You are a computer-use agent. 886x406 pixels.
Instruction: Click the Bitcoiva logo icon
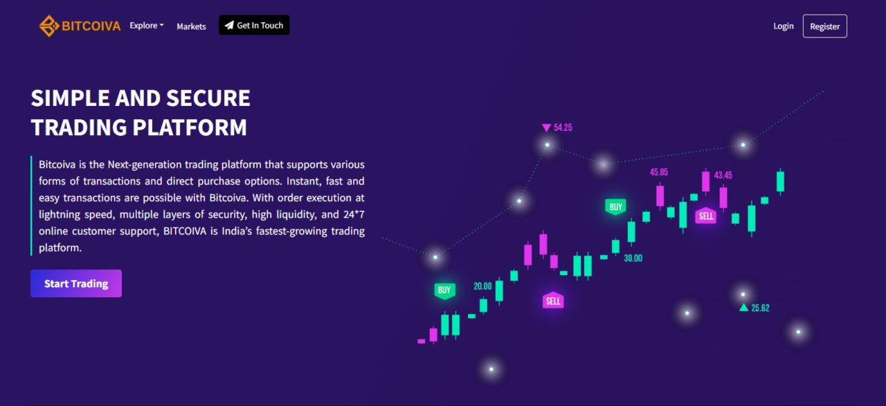click(x=49, y=26)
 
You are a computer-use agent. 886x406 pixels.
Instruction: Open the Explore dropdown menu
click(x=146, y=26)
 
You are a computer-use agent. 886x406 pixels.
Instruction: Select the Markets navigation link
click(x=192, y=26)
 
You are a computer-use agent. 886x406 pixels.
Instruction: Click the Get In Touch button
click(x=254, y=25)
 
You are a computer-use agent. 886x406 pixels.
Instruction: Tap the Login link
click(x=784, y=26)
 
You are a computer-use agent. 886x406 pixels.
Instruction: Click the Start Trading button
click(x=76, y=283)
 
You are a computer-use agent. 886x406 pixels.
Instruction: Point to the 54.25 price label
click(x=563, y=127)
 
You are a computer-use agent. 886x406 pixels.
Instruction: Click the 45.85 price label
click(x=659, y=172)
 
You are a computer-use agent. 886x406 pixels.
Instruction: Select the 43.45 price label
click(x=723, y=175)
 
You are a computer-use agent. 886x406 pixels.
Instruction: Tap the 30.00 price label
click(x=633, y=258)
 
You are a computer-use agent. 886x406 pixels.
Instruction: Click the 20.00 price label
click(x=482, y=286)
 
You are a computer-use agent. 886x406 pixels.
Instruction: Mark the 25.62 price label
click(x=760, y=308)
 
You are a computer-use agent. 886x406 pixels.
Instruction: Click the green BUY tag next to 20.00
click(x=444, y=290)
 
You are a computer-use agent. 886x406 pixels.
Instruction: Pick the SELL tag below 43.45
click(x=706, y=215)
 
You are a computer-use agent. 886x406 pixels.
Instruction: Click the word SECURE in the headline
click(x=208, y=98)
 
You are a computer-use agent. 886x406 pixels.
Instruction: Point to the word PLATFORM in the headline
click(x=190, y=127)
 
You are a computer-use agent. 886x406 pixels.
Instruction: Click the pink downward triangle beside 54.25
click(x=546, y=127)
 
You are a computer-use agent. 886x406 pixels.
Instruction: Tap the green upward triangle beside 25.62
click(x=743, y=308)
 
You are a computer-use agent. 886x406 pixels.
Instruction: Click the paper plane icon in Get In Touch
click(x=229, y=26)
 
